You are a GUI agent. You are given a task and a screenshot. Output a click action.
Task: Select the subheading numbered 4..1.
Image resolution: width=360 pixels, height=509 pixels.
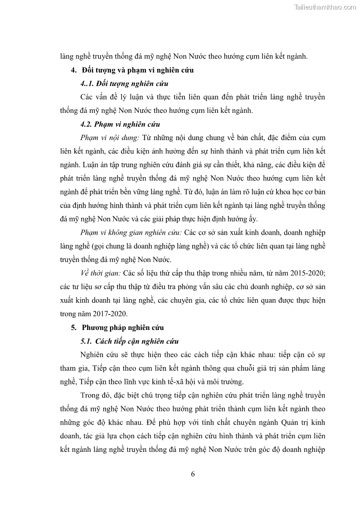124,84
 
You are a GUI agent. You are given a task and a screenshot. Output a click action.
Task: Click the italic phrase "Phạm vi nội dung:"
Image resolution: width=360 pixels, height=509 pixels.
111,138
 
